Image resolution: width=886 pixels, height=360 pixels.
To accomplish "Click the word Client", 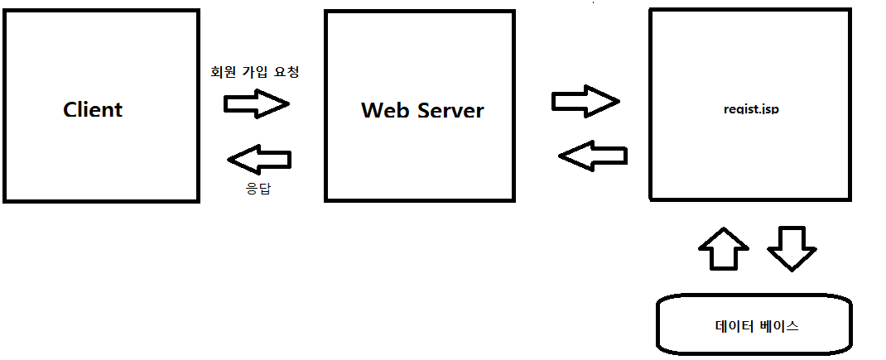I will pos(93,109).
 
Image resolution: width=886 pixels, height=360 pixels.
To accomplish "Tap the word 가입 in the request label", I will pos(255,72).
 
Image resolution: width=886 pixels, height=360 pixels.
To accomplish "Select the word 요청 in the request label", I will pos(285,72).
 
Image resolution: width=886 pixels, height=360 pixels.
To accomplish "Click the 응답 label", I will pos(258,189).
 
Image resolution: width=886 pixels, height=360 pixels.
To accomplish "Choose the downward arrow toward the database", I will pos(791,247).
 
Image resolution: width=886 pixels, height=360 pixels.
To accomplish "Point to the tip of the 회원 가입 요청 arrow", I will pos(287,103).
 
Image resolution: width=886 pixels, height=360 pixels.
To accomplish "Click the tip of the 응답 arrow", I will pos(229,156).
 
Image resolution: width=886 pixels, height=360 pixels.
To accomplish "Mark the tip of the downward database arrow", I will pos(791,270).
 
